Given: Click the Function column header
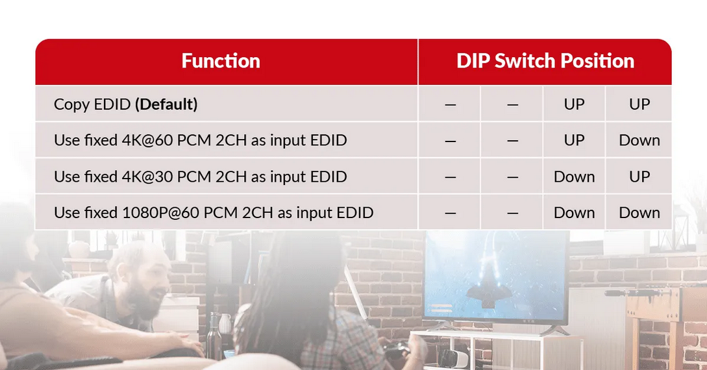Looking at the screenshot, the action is pos(221,61).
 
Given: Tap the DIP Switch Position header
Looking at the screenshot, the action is pos(545,61).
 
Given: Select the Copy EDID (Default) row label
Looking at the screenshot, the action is pos(125,104).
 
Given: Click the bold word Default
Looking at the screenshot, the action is pos(166,104).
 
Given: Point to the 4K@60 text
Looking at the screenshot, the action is pos(147,140).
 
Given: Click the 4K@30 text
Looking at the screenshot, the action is pos(147,177).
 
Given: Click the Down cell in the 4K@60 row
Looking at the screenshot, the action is pos(639,140).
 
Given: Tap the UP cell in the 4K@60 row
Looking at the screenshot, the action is pos(574,140).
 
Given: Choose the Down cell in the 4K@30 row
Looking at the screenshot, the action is pos(574,177).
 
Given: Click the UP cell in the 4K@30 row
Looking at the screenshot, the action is pos(639,177).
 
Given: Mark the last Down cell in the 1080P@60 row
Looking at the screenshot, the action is pos(639,213).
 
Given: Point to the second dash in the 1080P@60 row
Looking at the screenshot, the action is pos(512,214).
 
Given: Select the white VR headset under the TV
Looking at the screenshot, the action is pos(454,358).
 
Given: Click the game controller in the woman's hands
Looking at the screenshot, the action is pos(397,350).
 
